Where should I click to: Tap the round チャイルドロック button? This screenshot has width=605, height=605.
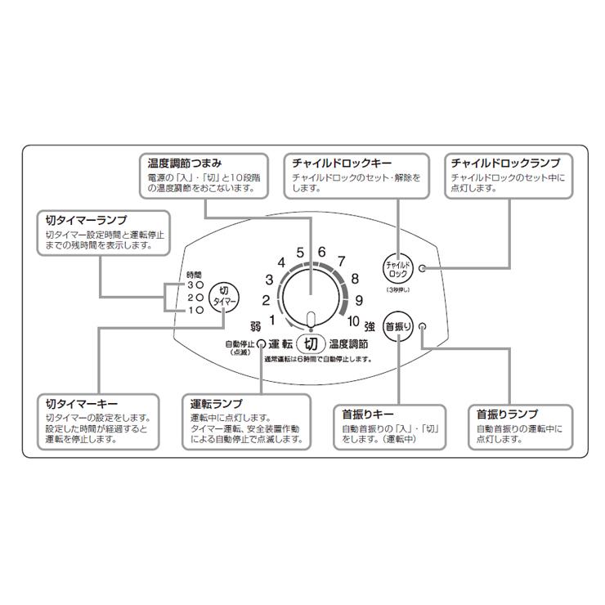coord(398,268)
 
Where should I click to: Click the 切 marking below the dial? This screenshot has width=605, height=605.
coord(311,343)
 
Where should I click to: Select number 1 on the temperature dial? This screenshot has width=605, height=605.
coord(272,320)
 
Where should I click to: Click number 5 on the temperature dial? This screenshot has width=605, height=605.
coord(301,252)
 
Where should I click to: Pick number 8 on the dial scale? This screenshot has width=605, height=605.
coord(355,278)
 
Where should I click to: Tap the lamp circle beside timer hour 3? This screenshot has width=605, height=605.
coord(199,285)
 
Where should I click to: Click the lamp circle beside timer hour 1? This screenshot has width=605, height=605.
coord(199,311)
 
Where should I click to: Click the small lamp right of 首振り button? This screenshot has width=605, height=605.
coord(422,325)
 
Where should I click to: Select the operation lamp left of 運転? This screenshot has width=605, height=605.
coord(262,343)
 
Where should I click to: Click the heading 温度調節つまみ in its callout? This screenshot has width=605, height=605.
coord(185,163)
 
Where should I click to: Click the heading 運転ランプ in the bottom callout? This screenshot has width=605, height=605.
coord(216,405)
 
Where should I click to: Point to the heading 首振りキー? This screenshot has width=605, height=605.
coord(365,415)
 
